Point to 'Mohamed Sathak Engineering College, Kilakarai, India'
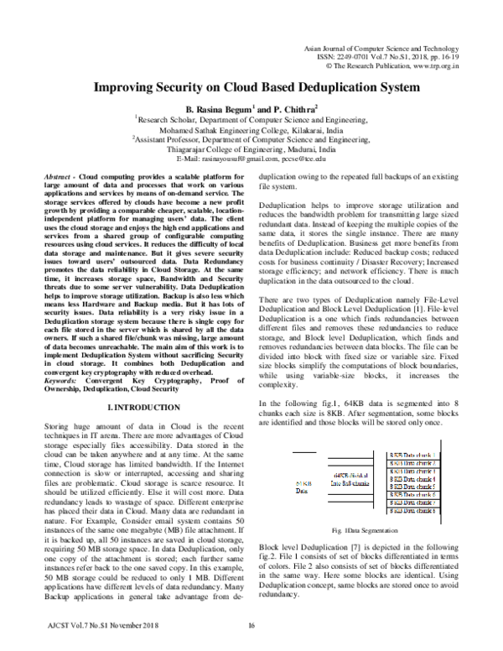(251, 132)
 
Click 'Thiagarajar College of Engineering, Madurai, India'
(251, 149)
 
